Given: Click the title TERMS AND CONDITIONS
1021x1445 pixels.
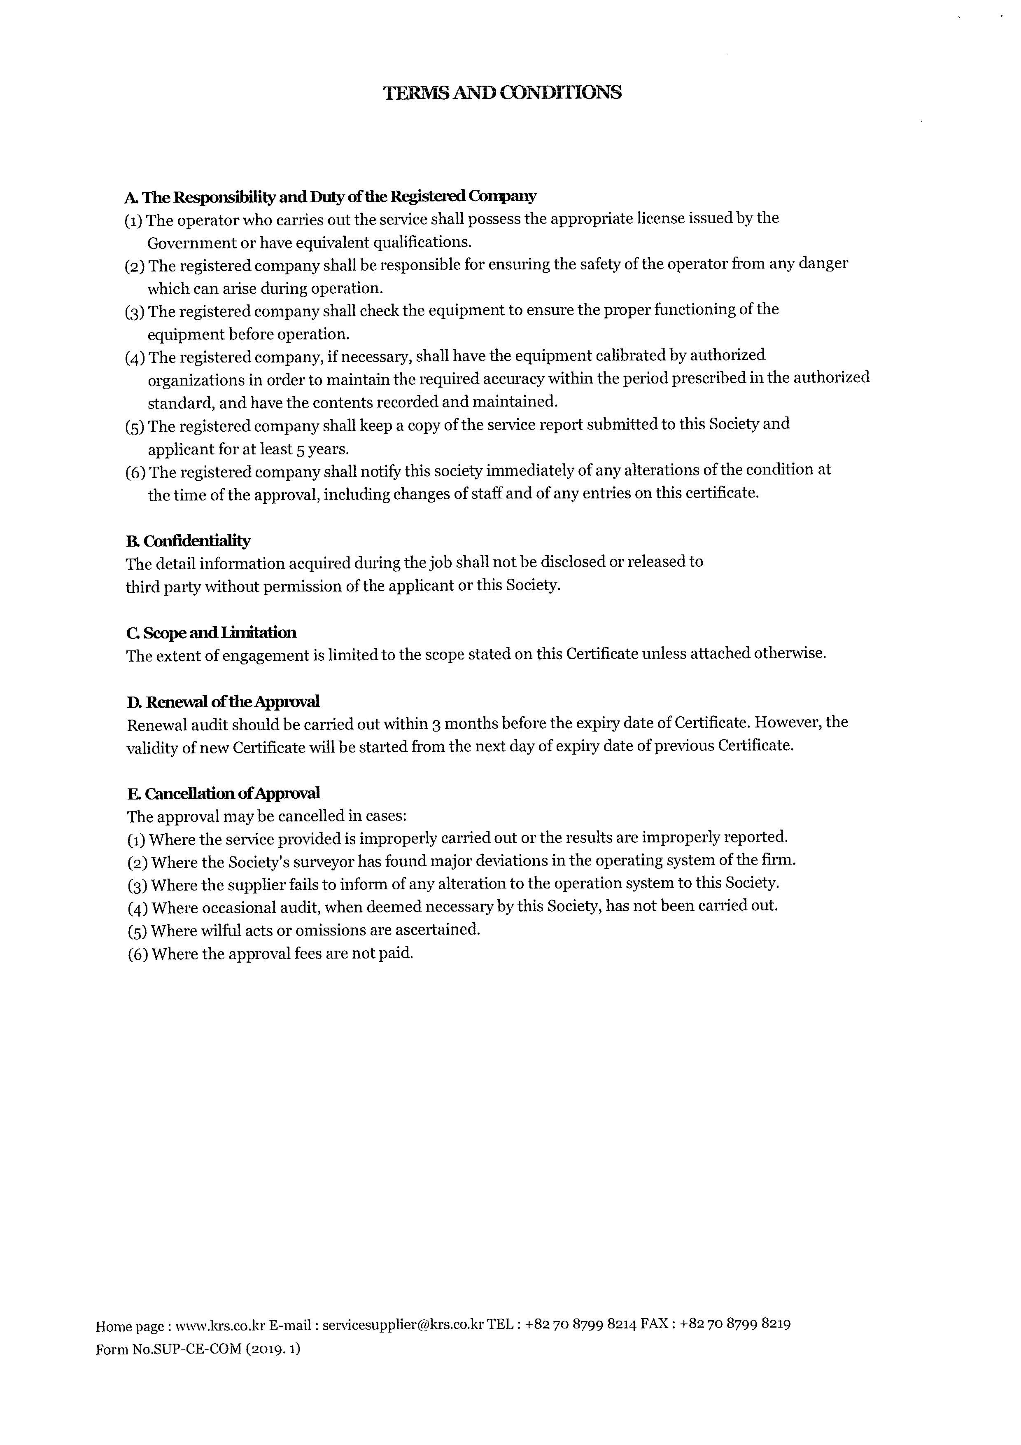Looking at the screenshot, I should (x=502, y=93).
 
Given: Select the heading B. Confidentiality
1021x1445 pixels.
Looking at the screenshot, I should (x=188, y=540).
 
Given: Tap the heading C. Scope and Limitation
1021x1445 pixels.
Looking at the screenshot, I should (x=211, y=633).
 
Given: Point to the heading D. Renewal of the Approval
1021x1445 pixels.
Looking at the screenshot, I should (x=223, y=701).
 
